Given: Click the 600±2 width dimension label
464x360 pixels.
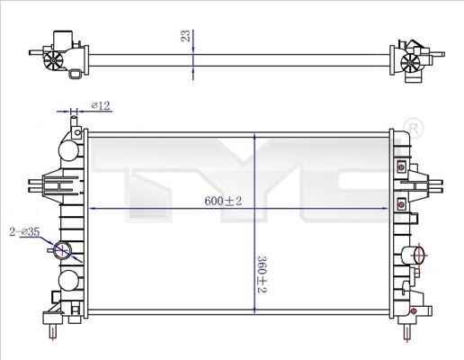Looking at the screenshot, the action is (x=223, y=201).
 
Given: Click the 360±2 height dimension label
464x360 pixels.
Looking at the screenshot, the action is (x=262, y=274).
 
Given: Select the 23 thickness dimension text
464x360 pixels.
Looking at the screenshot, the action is (x=186, y=36).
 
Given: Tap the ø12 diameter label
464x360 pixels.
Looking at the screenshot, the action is (x=101, y=105).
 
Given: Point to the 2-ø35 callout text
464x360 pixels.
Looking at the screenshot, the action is (x=24, y=231).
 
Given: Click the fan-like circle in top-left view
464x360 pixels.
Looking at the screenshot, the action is (x=53, y=60).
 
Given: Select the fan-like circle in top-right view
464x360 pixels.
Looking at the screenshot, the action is (x=410, y=63).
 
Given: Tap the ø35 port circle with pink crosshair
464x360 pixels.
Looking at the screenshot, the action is (x=62, y=250).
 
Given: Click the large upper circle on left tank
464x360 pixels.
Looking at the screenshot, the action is (x=69, y=150).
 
